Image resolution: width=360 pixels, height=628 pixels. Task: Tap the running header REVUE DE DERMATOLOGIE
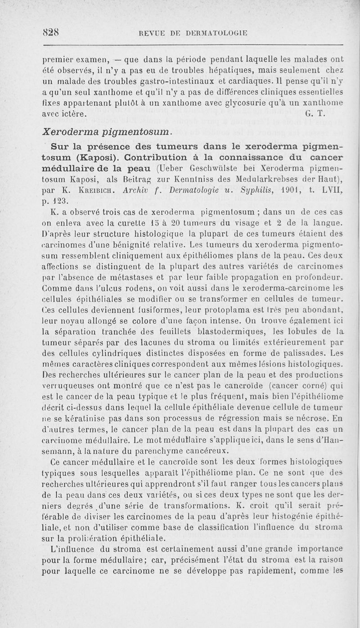click(193, 32)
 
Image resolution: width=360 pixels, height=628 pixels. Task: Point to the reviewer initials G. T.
click(314, 114)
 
